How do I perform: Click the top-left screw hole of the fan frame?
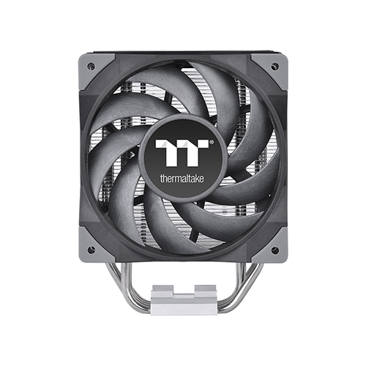91,65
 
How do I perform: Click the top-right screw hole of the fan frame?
274,65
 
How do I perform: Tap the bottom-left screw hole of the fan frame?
91,250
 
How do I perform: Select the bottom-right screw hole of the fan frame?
274,250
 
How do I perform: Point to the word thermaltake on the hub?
182,179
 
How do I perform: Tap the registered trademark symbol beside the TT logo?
212,141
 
